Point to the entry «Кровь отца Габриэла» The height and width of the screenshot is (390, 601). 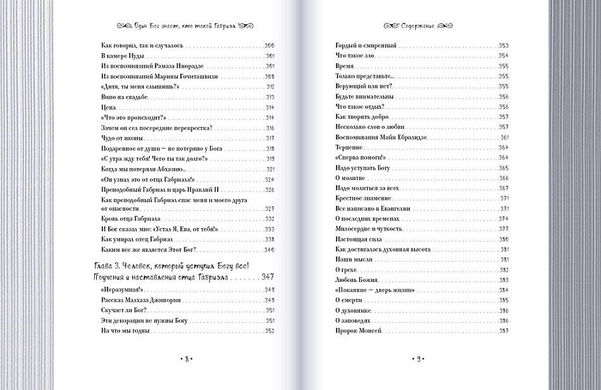pos(123,219)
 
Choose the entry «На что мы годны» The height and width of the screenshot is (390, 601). pos(119,331)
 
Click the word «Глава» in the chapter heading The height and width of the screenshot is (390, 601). pos(105,265)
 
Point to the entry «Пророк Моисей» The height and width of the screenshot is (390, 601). pos(358,331)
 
